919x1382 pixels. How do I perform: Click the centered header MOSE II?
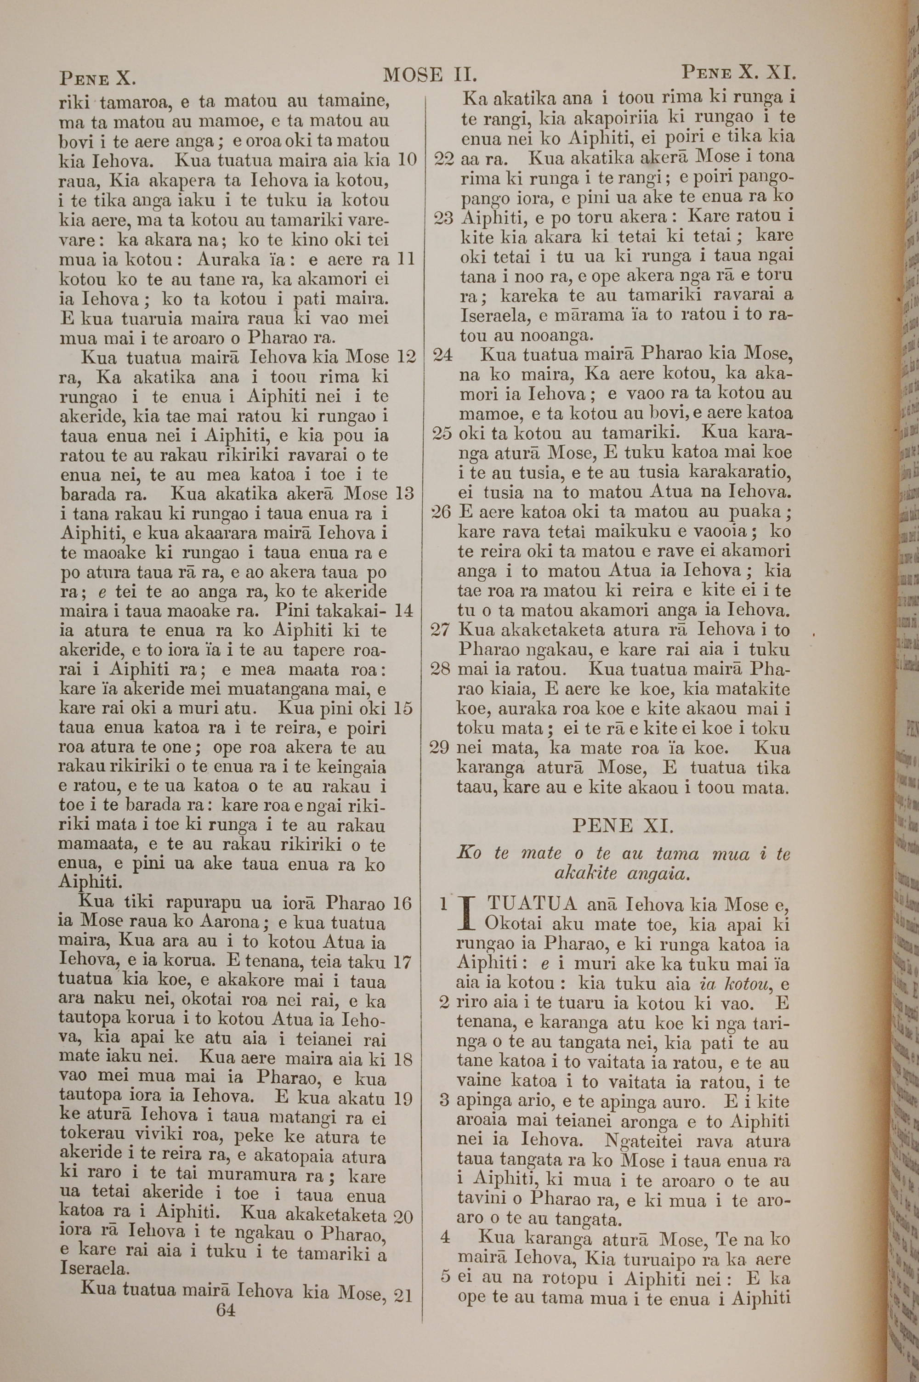(x=430, y=75)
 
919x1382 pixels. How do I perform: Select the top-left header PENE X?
(x=98, y=77)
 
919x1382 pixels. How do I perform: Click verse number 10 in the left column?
(x=406, y=159)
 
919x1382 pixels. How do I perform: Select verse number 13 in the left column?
(x=404, y=493)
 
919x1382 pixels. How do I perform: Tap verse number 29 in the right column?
(x=440, y=748)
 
